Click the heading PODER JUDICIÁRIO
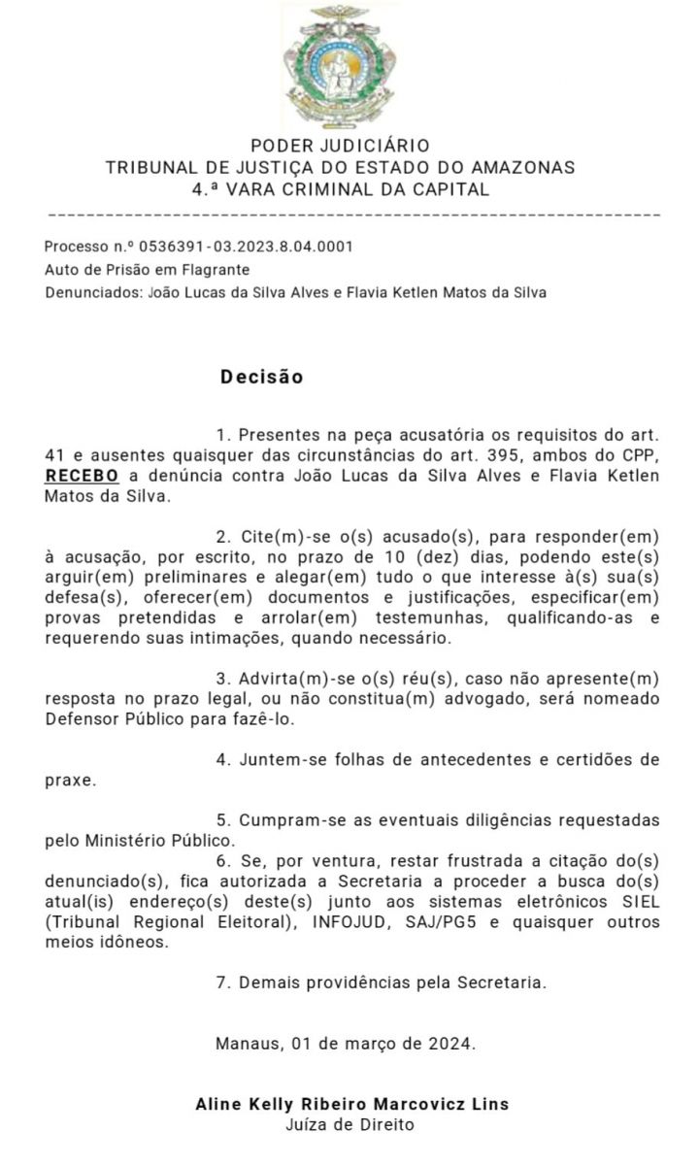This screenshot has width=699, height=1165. tap(340, 147)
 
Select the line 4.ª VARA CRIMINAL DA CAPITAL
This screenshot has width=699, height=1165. tap(340, 189)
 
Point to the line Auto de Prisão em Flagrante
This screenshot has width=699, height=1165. tap(147, 270)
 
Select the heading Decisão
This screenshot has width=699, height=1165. tap(261, 377)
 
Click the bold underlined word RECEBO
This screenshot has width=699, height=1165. tap(82, 476)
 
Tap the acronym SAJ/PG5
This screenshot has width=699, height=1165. tap(465, 922)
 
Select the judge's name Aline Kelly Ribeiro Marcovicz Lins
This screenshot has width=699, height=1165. tap(351, 1105)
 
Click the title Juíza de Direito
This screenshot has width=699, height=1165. tap(349, 1126)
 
